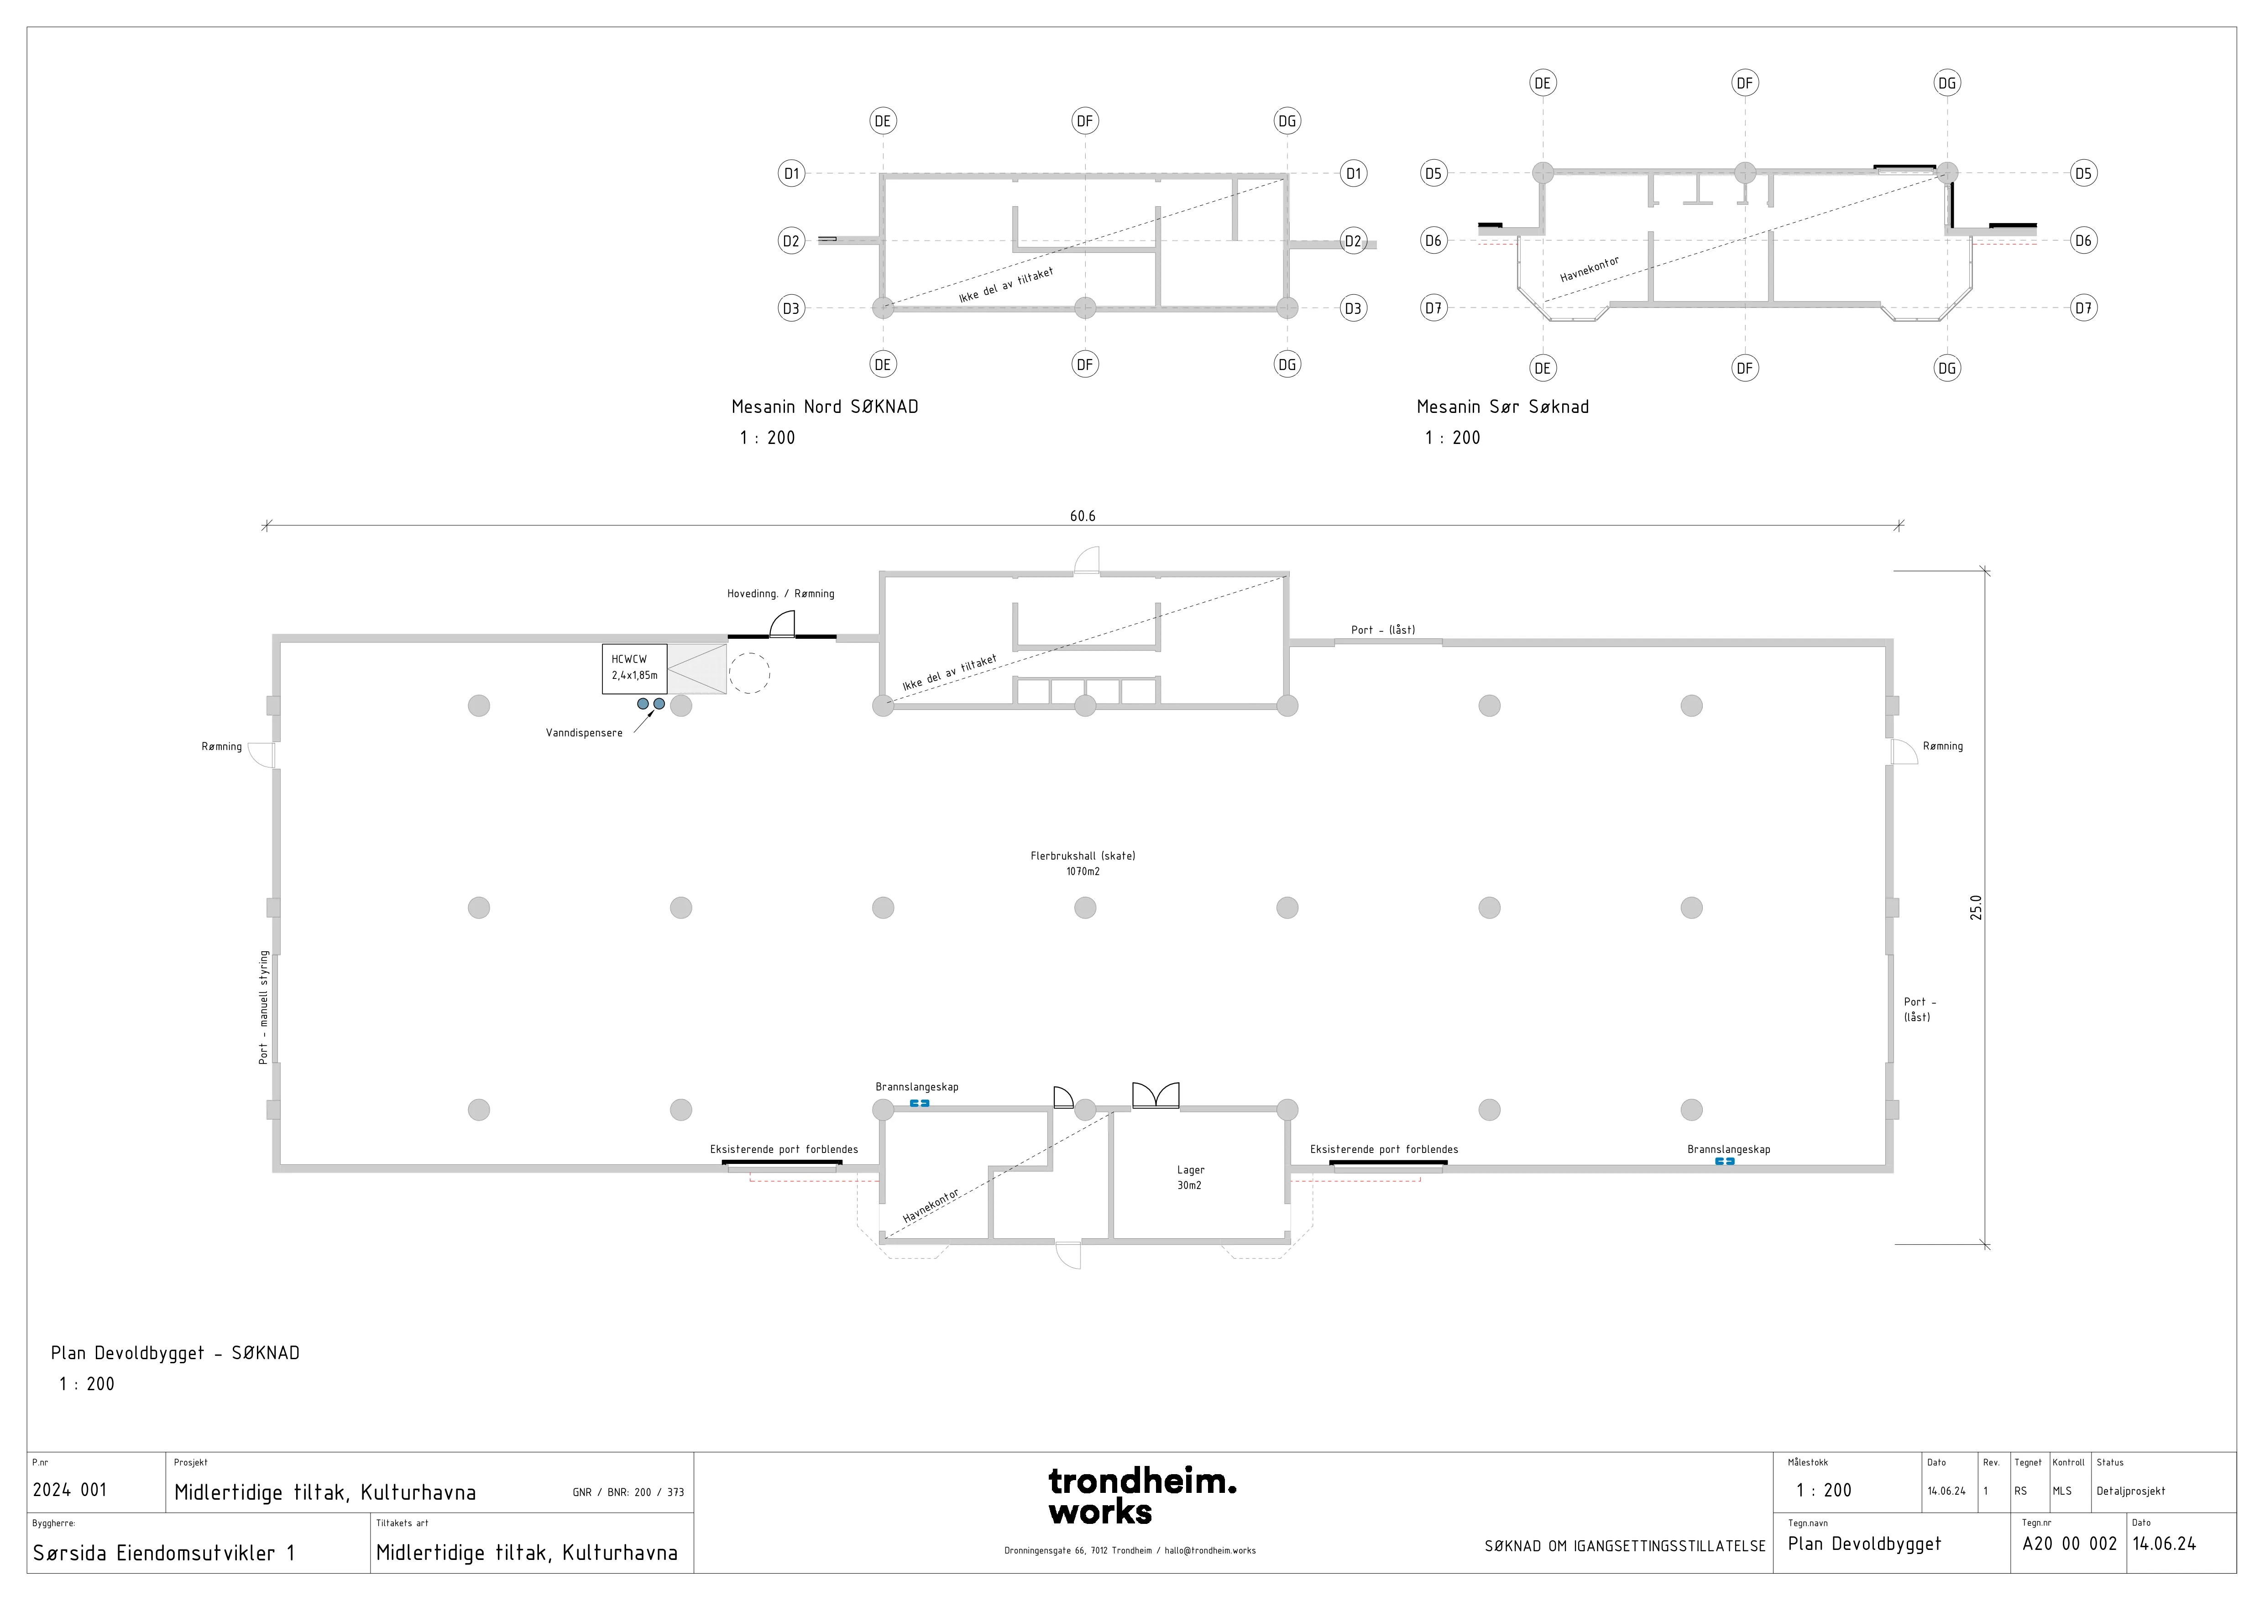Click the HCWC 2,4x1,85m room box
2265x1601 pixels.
(634, 669)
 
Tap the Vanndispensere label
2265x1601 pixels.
(584, 733)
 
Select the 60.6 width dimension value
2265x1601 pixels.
(1082, 516)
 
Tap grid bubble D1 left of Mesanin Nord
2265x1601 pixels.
(791, 174)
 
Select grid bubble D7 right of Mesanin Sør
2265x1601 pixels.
(2082, 308)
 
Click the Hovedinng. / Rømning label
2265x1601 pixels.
(780, 594)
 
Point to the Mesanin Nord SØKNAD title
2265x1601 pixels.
(825, 407)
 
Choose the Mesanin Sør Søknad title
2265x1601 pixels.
(1502, 407)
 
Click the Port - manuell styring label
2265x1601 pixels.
(263, 1007)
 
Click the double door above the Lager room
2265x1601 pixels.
(1155, 1096)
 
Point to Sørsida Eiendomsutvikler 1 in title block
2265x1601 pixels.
(164, 1553)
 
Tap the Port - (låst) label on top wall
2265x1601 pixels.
(1383, 629)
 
